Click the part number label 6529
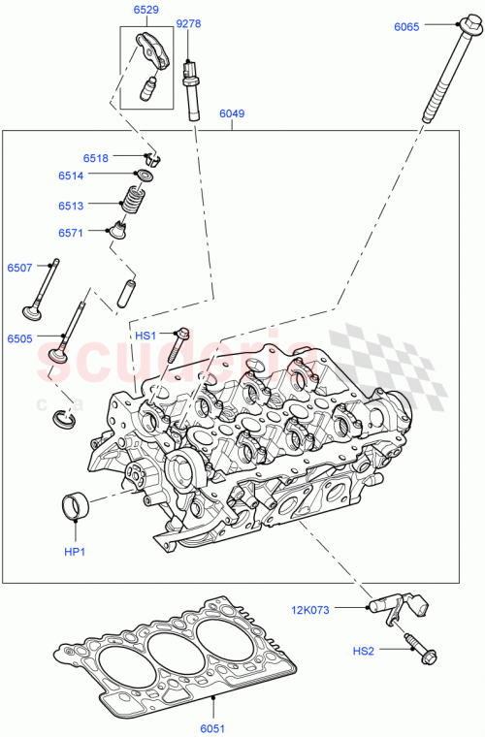(145, 10)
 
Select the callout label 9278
(189, 23)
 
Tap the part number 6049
(232, 113)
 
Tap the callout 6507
(20, 268)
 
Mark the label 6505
(20, 340)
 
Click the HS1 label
(145, 336)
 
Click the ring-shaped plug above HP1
(76, 505)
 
